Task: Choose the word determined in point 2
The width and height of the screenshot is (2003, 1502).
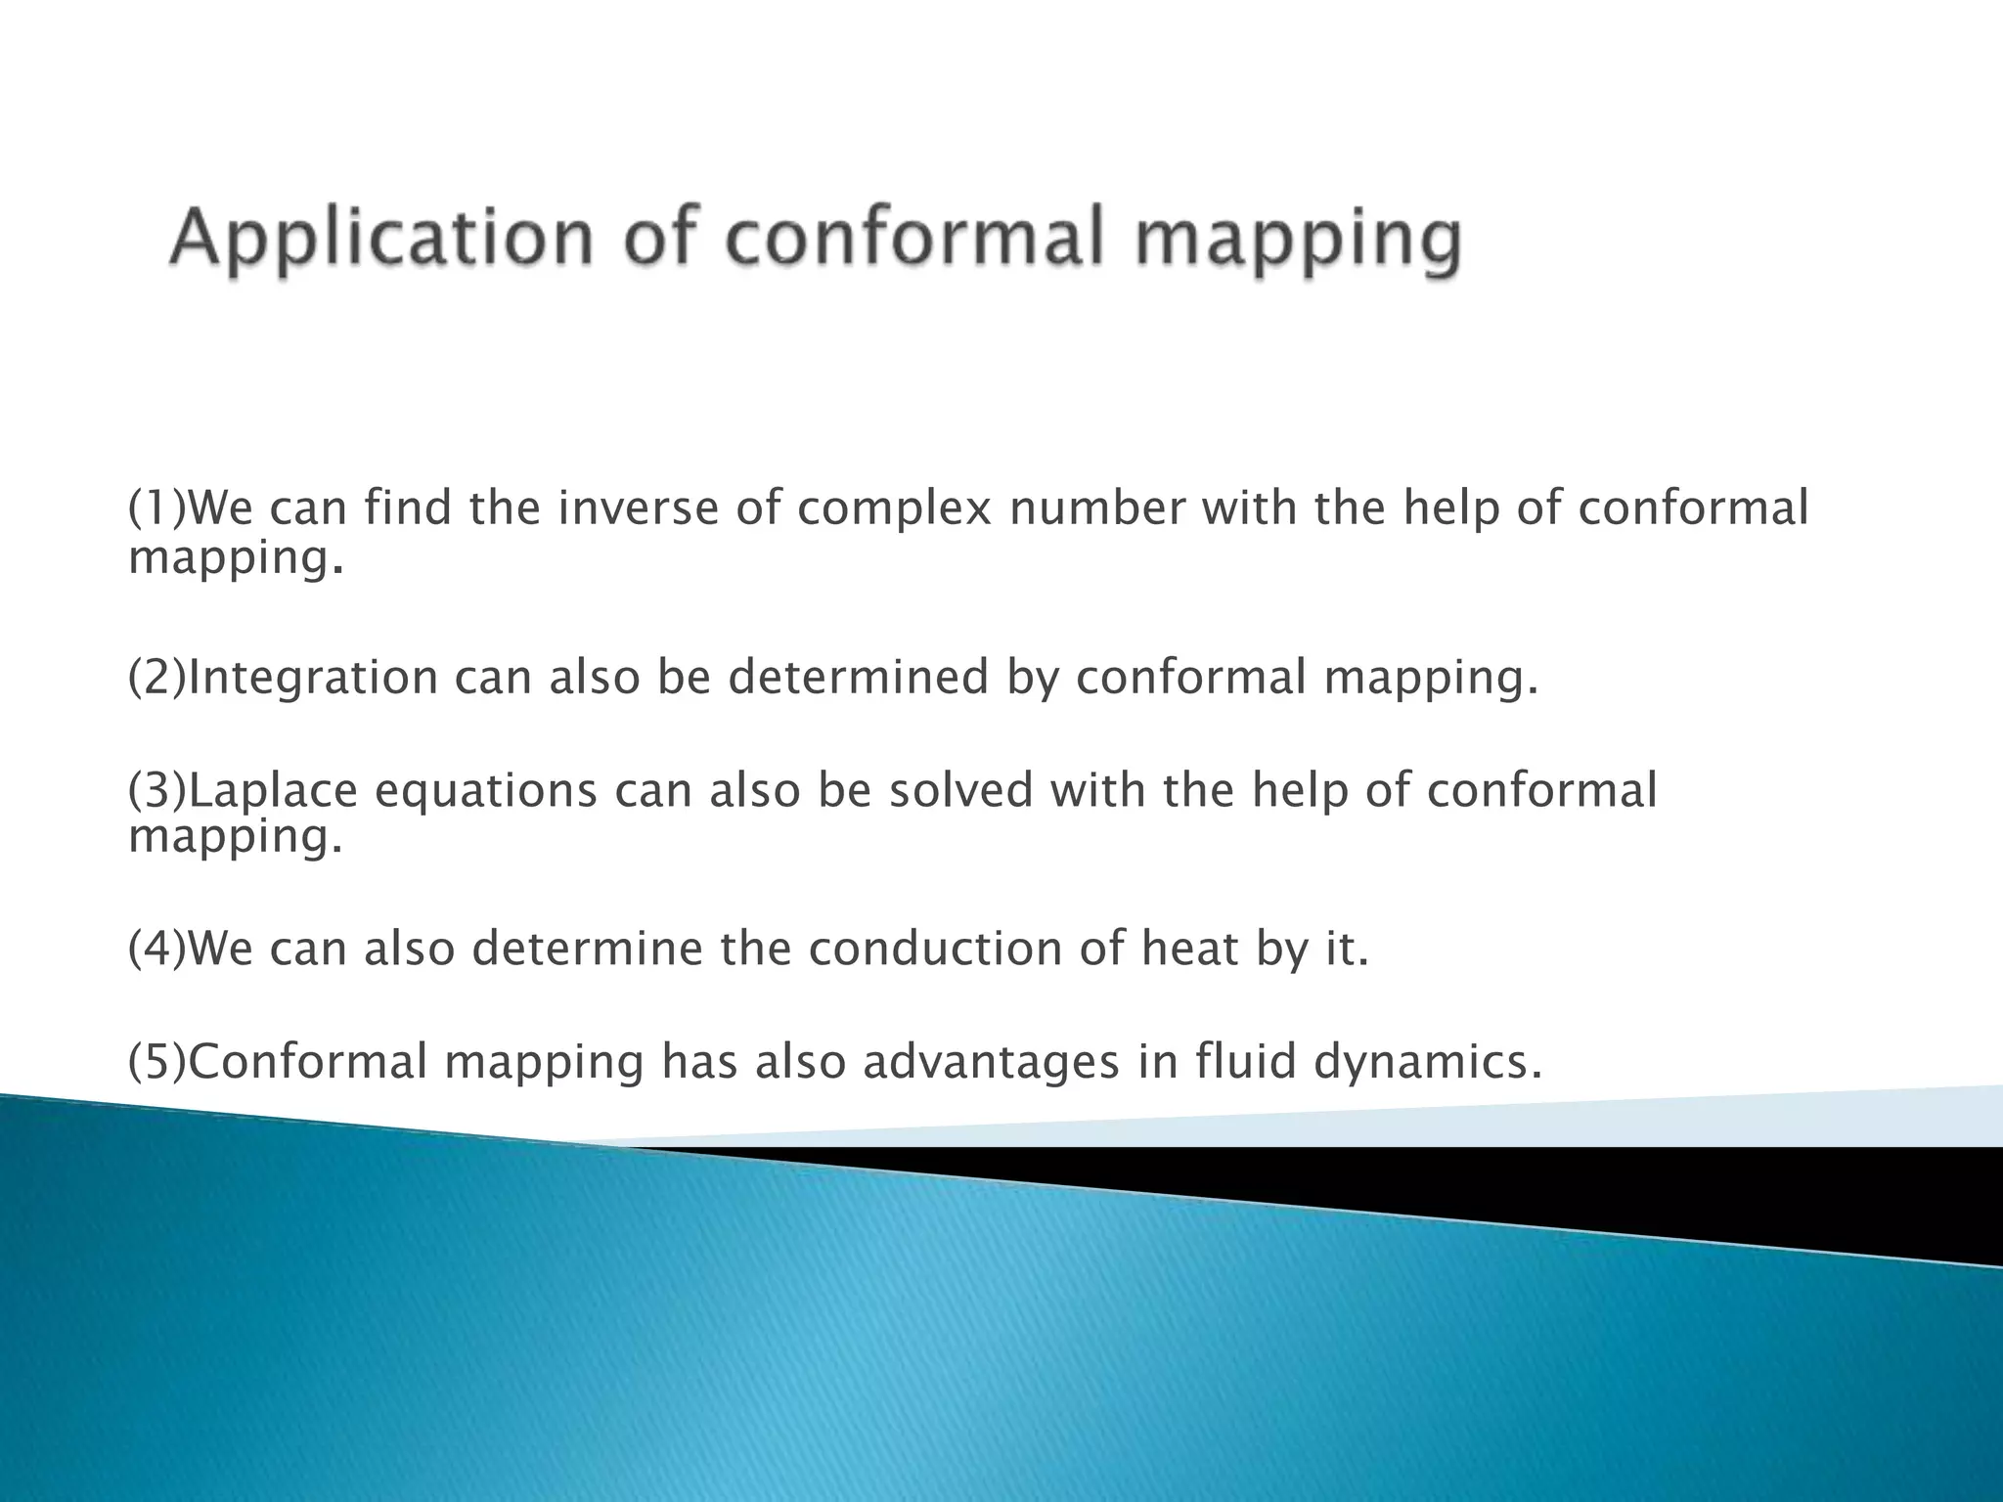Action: (859, 678)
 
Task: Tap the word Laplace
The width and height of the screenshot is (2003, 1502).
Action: (273, 790)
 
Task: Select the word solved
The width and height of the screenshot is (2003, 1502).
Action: (960, 790)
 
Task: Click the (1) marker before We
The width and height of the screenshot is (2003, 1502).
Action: (156, 508)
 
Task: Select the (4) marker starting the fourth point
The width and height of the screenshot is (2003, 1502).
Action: (156, 949)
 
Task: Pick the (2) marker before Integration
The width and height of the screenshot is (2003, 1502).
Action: (156, 678)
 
